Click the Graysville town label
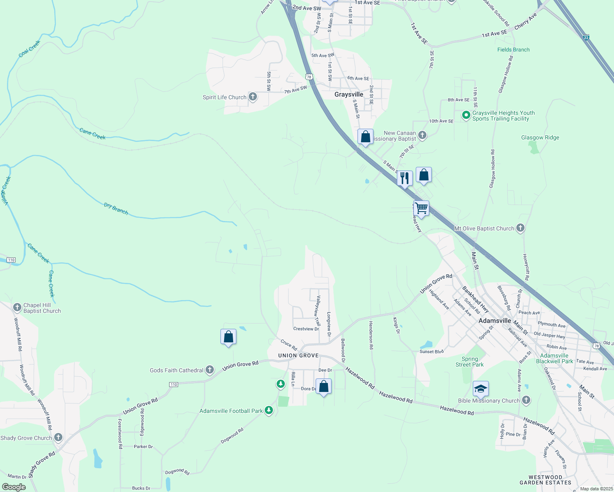tap(348, 94)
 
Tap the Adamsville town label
tap(495, 321)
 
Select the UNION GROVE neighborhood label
tap(298, 355)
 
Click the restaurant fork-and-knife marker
tap(405, 178)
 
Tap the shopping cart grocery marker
tap(422, 208)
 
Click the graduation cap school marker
tap(481, 388)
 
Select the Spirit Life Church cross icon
tap(253, 97)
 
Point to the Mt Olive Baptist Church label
tap(484, 228)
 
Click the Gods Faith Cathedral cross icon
tap(210, 370)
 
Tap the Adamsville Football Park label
tap(231, 411)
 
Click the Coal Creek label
tap(30, 49)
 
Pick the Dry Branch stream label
tap(116, 209)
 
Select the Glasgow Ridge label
tap(540, 138)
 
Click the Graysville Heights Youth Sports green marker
tap(466, 115)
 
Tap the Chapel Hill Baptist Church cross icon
tap(17, 307)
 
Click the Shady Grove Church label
tap(26, 438)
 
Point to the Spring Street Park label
tap(470, 362)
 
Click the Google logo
tap(14, 487)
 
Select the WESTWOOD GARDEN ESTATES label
tap(545, 480)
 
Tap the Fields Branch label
tap(513, 50)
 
